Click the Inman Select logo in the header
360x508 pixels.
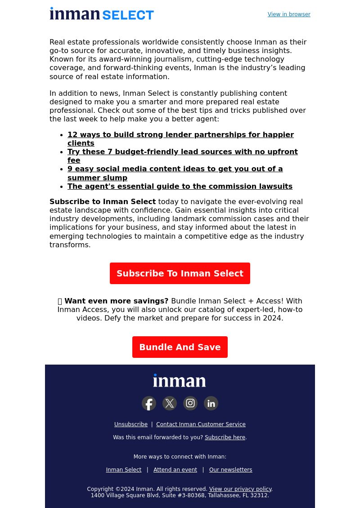pyautogui.click(x=102, y=14)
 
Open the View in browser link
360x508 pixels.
pyautogui.click(x=289, y=14)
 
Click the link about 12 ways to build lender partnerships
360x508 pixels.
pyautogui.click(x=180, y=135)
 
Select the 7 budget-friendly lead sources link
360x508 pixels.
pyautogui.click(x=182, y=152)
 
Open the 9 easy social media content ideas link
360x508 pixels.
pyautogui.click(x=175, y=169)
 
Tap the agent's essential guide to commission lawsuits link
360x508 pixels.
pyautogui.click(x=180, y=187)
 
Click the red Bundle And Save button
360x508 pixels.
pyautogui.click(x=180, y=347)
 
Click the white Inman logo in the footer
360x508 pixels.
pyautogui.click(x=180, y=381)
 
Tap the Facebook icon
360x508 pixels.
pyautogui.click(x=149, y=403)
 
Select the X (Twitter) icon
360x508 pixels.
pyautogui.click(x=170, y=403)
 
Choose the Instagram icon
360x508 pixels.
pyautogui.click(x=190, y=403)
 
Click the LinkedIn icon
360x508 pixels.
pyautogui.click(x=211, y=403)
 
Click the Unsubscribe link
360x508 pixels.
pyautogui.click(x=131, y=424)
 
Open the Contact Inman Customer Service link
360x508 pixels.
pyautogui.click(x=201, y=424)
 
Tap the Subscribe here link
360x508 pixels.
pyautogui.click(x=225, y=437)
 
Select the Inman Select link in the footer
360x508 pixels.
pyautogui.click(x=124, y=470)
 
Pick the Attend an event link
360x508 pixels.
pyautogui.click(x=175, y=470)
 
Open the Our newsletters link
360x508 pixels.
pyautogui.click(x=230, y=470)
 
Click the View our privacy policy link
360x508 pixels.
pyautogui.click(x=240, y=489)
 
